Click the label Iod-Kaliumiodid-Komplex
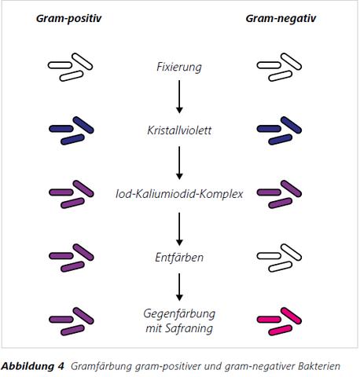click(179, 193)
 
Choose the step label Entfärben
click(179, 257)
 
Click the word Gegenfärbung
click(179, 314)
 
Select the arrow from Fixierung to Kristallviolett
click(180, 97)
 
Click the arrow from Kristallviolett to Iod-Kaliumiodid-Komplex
click(180, 161)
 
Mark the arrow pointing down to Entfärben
click(180, 225)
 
